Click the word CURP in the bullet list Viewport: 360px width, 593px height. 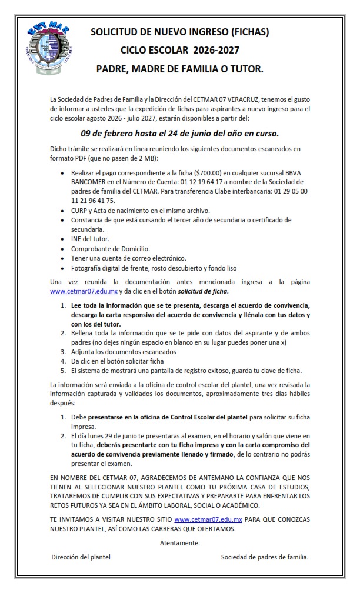coord(79,210)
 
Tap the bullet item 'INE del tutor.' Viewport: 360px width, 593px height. coord(92,239)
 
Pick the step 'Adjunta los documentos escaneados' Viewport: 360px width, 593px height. coord(124,352)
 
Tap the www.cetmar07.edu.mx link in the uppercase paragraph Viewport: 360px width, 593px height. coord(208,519)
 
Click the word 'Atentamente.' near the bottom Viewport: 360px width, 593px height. coord(179,542)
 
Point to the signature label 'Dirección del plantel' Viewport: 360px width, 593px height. coord(81,557)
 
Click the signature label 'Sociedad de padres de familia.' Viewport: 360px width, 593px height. coord(265,557)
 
